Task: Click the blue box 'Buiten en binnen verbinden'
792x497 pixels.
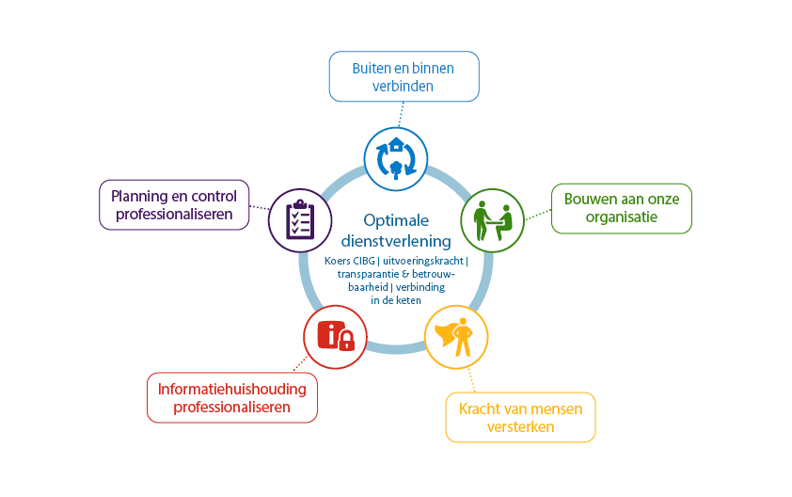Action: (x=404, y=76)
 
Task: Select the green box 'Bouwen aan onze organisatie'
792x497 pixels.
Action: (x=621, y=208)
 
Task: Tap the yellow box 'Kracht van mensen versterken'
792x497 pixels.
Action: (x=520, y=417)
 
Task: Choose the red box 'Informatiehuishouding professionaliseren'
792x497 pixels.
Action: (x=231, y=397)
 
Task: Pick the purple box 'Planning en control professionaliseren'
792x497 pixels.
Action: (x=174, y=205)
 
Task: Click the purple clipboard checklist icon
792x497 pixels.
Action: (x=300, y=220)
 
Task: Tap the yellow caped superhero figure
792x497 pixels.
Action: (x=455, y=337)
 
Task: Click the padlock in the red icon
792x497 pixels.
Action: (x=346, y=341)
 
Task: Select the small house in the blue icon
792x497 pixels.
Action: (x=397, y=144)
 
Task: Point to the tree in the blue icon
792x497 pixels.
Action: (x=396, y=169)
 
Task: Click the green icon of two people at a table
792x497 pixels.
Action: (x=493, y=220)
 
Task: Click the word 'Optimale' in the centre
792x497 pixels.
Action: (x=396, y=220)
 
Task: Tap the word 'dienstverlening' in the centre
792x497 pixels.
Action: (x=396, y=241)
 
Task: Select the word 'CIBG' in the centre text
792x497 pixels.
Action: (x=364, y=261)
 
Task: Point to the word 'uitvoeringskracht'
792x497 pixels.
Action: (x=422, y=261)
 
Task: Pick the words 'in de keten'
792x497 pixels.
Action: (x=396, y=300)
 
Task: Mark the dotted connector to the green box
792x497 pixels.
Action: (x=538, y=215)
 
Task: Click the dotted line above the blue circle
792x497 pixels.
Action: (x=401, y=114)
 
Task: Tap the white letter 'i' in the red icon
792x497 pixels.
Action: (x=331, y=335)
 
